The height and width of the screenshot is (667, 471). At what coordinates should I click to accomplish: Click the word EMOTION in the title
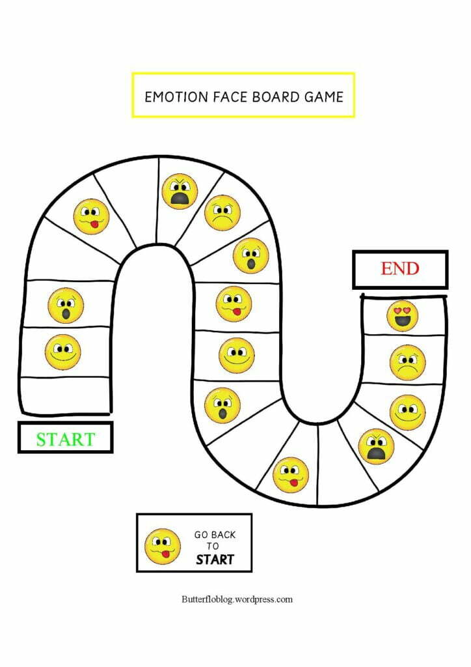pyautogui.click(x=176, y=97)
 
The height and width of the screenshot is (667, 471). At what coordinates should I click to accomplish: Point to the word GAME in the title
pyautogui.click(x=323, y=97)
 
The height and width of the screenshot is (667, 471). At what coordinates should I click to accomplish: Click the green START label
pyautogui.click(x=65, y=439)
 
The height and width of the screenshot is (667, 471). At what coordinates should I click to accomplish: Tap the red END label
pyautogui.click(x=400, y=268)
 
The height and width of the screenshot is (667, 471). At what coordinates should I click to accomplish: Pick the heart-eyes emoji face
pyautogui.click(x=402, y=316)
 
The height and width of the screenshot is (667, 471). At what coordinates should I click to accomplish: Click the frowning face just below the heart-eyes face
pyautogui.click(x=407, y=362)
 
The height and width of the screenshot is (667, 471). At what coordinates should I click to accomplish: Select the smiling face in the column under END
pyautogui.click(x=407, y=412)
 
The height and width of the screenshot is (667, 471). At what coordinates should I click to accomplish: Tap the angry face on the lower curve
pyautogui.click(x=376, y=446)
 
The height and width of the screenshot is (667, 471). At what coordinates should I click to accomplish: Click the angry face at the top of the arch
pyautogui.click(x=180, y=192)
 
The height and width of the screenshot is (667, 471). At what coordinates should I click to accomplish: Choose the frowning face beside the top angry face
pyautogui.click(x=222, y=212)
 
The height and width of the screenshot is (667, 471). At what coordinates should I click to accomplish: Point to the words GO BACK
pyautogui.click(x=215, y=535)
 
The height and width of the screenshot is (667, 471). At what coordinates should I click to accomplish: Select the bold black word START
pyautogui.click(x=215, y=559)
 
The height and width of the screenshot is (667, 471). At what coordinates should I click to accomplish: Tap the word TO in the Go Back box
pyautogui.click(x=213, y=546)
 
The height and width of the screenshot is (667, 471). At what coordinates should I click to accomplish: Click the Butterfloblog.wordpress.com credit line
pyautogui.click(x=237, y=599)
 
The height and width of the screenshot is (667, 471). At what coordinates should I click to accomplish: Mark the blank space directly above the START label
pyautogui.click(x=66, y=395)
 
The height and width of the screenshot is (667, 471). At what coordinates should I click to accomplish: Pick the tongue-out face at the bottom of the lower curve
pyautogui.click(x=291, y=475)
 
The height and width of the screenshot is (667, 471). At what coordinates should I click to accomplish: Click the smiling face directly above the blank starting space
pyautogui.click(x=63, y=352)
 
